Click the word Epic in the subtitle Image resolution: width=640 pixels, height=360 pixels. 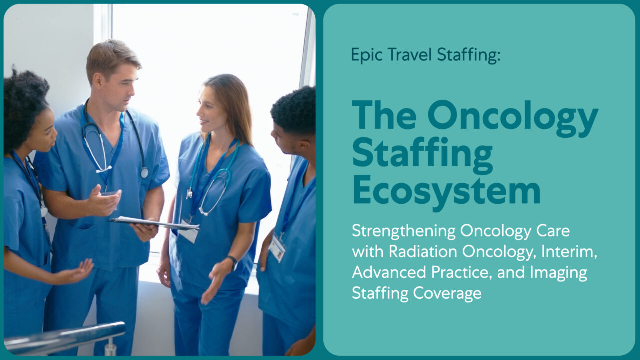[363, 55]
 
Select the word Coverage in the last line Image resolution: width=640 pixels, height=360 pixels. [448, 293]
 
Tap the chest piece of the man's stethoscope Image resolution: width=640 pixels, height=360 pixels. [144, 173]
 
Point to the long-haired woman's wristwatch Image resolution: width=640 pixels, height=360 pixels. [232, 261]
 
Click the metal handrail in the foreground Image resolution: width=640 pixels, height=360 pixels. [65, 336]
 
